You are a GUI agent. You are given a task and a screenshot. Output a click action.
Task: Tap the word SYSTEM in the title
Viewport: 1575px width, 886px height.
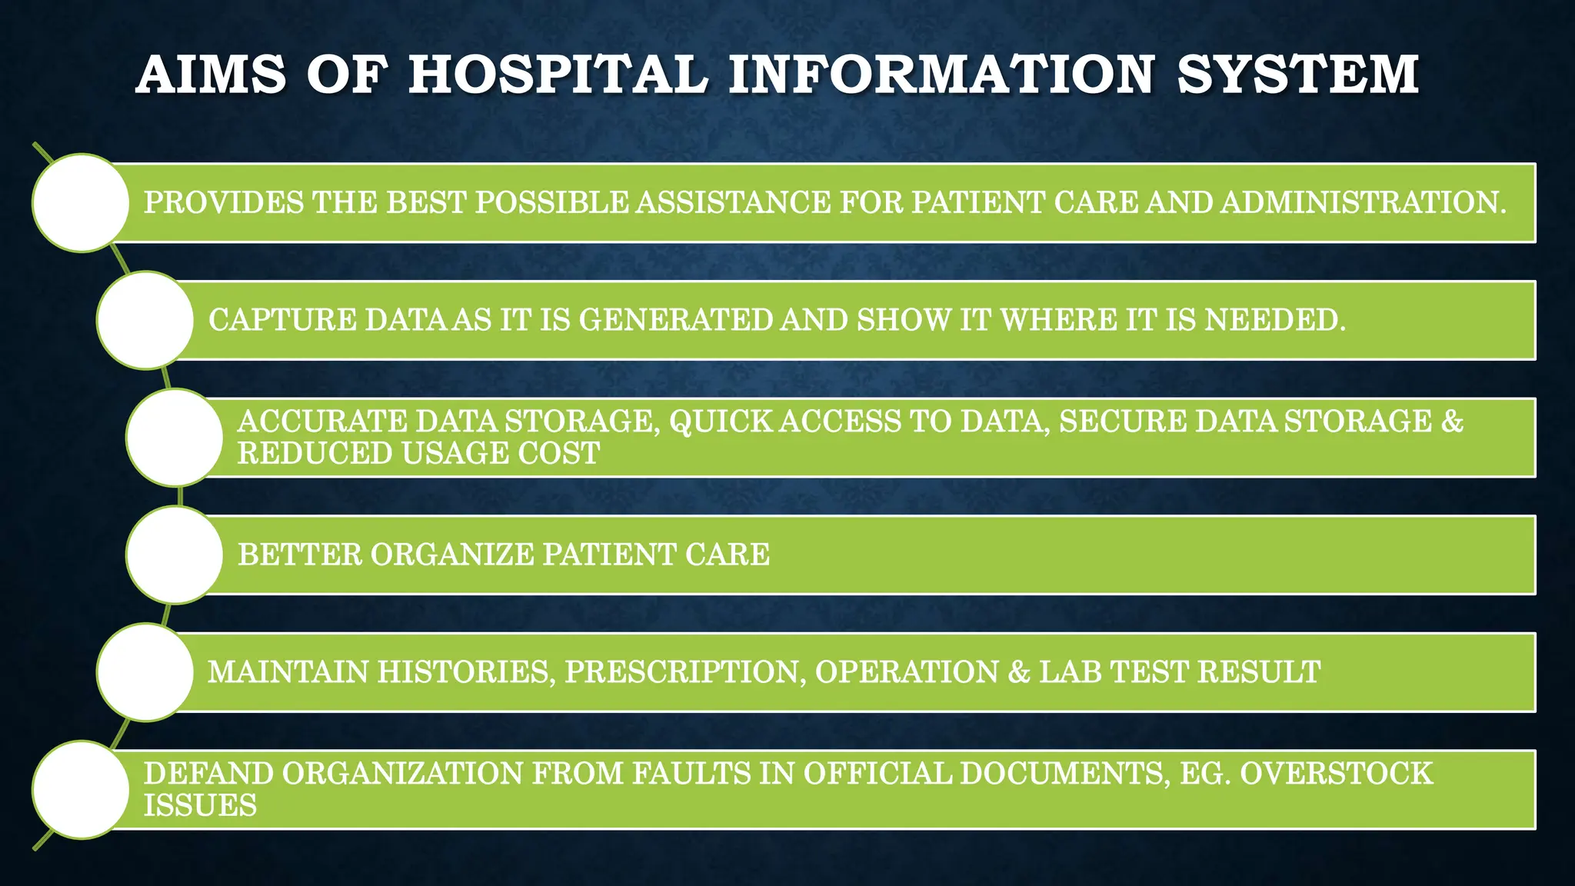[x=1297, y=75]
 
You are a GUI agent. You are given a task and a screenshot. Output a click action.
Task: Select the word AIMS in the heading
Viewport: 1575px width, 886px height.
[x=211, y=75]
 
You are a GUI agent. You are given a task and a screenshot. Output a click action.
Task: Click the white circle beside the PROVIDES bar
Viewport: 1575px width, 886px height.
[x=81, y=202]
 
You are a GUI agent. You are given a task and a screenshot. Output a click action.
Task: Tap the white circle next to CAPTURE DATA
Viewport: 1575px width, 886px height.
[x=145, y=320]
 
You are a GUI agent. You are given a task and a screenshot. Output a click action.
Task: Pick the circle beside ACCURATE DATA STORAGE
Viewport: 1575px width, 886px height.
[x=175, y=438]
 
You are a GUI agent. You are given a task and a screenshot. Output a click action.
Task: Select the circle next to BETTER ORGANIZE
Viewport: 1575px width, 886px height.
[x=175, y=555]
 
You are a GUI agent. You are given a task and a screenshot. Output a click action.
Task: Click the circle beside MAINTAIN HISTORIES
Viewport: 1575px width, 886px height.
[x=145, y=672]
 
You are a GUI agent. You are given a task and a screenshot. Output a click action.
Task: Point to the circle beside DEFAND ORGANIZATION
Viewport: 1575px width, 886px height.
[x=81, y=790]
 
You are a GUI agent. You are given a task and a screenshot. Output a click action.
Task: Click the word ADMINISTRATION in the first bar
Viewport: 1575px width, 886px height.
[x=1363, y=202]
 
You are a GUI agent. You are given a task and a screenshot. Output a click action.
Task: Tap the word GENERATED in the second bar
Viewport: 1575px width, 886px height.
[x=675, y=320]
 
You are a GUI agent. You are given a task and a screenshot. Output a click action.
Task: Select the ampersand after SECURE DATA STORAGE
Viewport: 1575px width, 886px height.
[x=1452, y=421]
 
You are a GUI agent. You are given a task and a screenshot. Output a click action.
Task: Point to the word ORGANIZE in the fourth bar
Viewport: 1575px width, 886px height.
[x=452, y=555]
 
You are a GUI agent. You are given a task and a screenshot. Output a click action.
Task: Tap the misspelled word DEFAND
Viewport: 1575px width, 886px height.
[x=208, y=774]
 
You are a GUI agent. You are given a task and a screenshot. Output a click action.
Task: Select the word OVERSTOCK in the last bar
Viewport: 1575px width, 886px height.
[x=1336, y=774]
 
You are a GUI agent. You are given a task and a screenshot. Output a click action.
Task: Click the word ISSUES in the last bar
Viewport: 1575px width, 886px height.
[x=200, y=806]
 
